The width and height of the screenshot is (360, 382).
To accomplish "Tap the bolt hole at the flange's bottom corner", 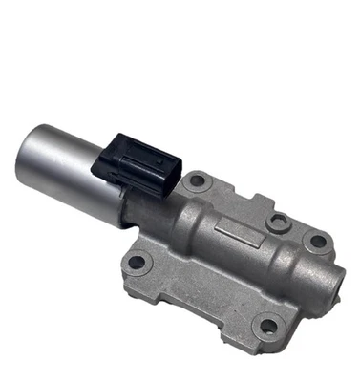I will coord(268,326).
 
